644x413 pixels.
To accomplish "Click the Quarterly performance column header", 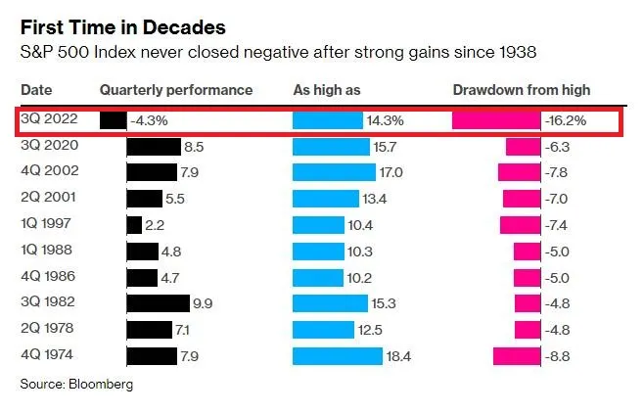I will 176,90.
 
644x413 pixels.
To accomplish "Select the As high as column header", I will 327,90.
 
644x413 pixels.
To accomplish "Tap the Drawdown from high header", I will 522,90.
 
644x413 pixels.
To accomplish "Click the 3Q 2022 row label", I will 50,120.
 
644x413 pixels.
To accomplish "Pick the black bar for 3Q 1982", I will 158,303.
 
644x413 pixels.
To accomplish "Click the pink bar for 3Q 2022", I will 496,120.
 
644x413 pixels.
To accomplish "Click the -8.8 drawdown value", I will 557,356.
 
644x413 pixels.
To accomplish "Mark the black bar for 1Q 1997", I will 134,225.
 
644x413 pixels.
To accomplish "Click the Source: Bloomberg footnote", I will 76,385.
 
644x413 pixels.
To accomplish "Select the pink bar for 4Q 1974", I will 516,356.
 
